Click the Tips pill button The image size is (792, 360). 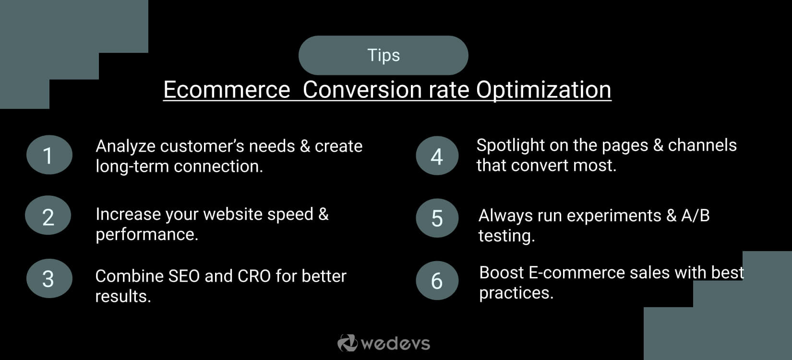(x=383, y=55)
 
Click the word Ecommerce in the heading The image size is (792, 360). (x=227, y=90)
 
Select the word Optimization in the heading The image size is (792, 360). (x=543, y=90)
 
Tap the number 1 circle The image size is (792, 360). (x=49, y=155)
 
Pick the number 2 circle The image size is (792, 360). (x=48, y=216)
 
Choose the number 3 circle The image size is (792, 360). (x=49, y=279)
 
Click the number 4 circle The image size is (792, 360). (x=437, y=156)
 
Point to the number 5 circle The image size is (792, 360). (x=437, y=218)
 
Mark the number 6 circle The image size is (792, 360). (x=437, y=281)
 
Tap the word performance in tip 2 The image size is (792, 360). (x=146, y=235)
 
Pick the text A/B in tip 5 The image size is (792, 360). (x=695, y=216)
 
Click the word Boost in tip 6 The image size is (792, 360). (x=501, y=273)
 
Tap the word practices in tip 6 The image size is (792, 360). (x=516, y=293)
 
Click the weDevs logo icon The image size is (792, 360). (x=347, y=343)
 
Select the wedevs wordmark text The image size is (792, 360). (x=395, y=344)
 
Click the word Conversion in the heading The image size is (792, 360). (x=362, y=90)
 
